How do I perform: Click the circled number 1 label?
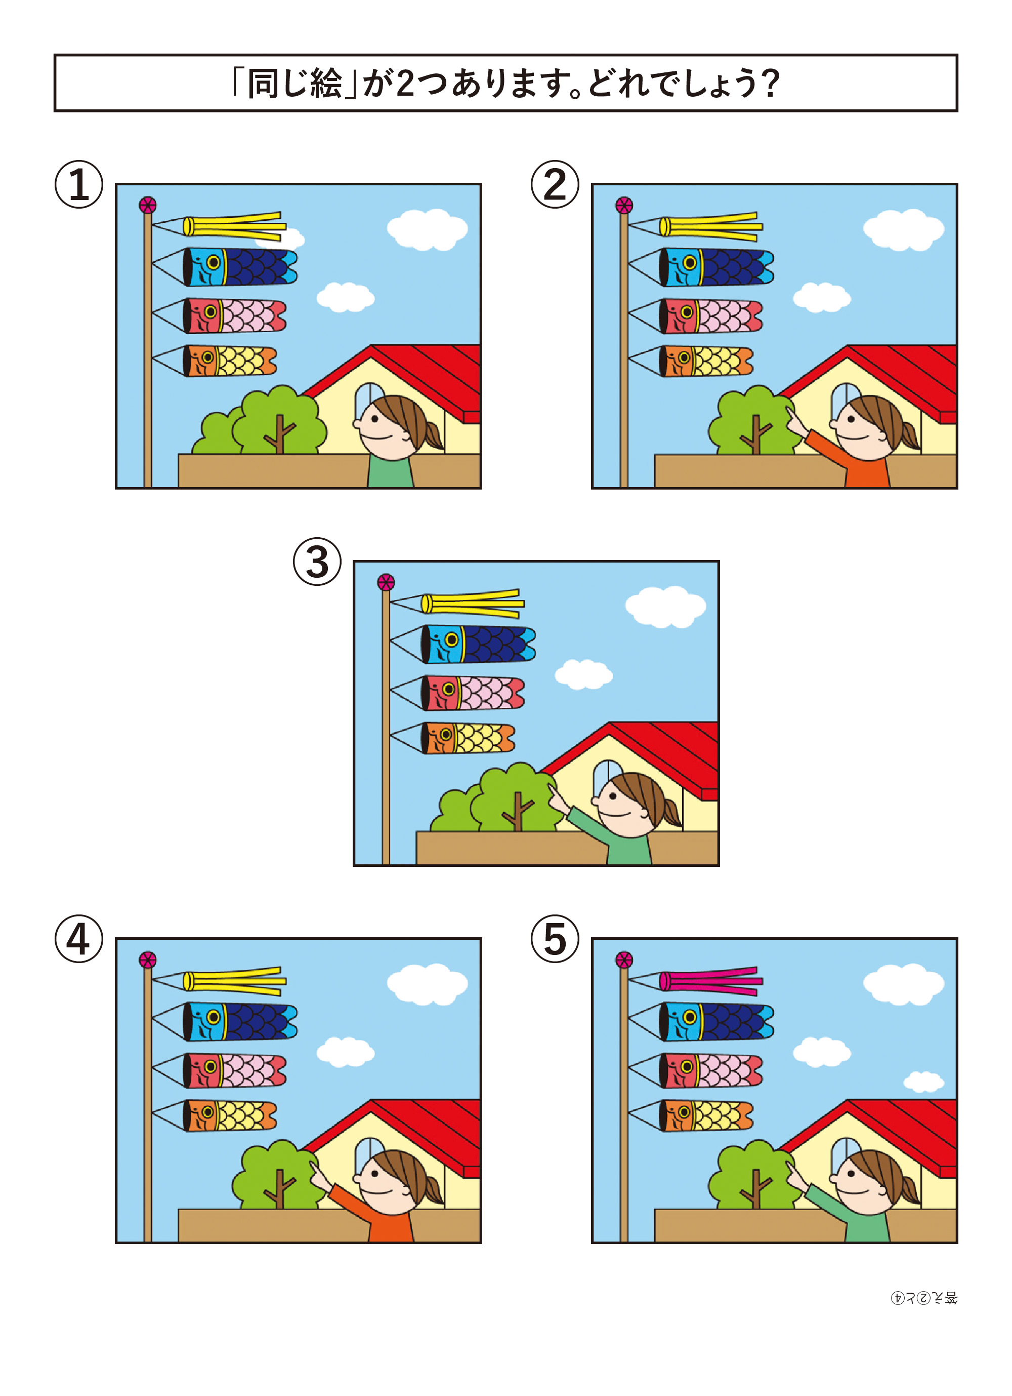(79, 185)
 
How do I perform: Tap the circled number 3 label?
(317, 562)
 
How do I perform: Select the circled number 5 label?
(555, 939)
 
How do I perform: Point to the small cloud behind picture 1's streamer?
(290, 237)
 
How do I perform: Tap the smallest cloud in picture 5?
(923, 1082)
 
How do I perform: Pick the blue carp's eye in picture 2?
(690, 263)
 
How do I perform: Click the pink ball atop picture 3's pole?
(386, 582)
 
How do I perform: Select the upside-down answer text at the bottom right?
(924, 1298)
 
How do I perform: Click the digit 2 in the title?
(405, 83)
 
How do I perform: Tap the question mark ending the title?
(770, 83)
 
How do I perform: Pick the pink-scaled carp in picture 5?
(710, 1071)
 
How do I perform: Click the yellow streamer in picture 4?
(234, 980)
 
